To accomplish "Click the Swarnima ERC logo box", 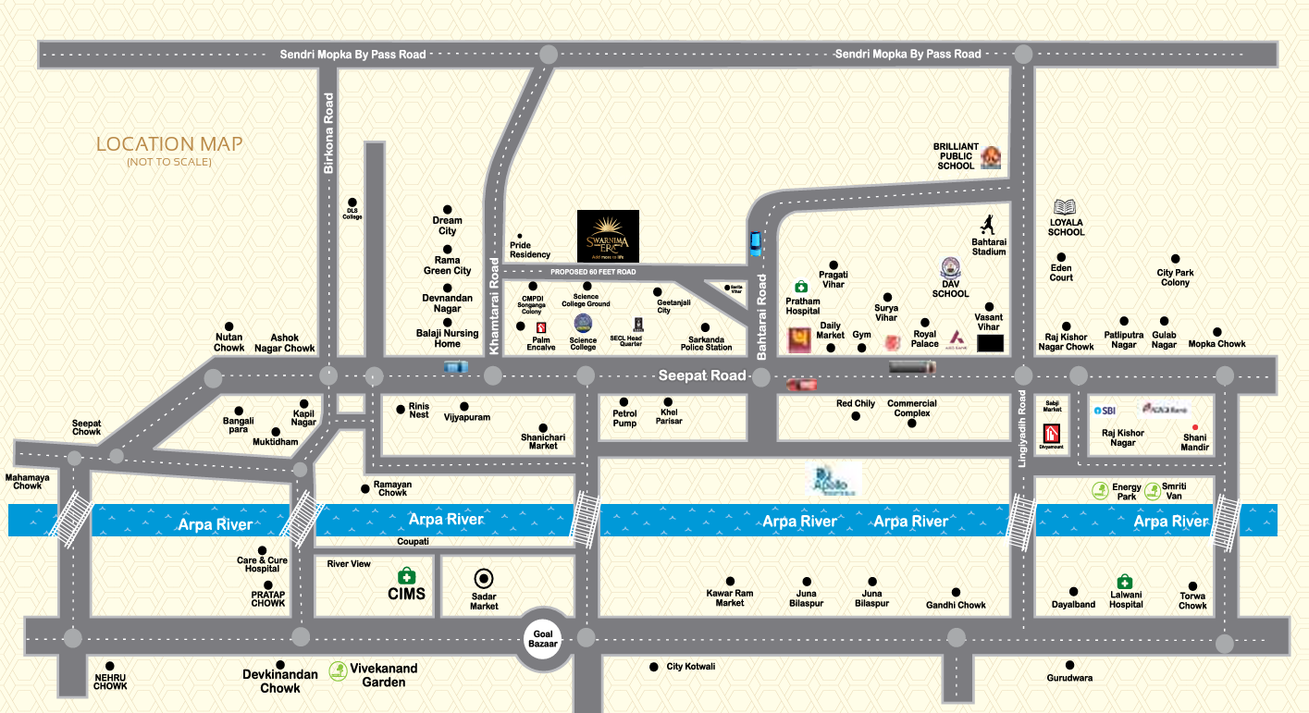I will (x=608, y=236).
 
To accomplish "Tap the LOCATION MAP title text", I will (x=169, y=144).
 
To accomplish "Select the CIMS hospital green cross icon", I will (x=406, y=575).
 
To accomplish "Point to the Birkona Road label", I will (x=328, y=133).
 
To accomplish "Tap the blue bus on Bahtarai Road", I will (x=756, y=243).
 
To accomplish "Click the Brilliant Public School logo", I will (x=991, y=158).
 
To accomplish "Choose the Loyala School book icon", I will (x=1066, y=207).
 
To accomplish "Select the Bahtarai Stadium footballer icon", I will (x=988, y=224).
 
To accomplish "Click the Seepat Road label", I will (x=701, y=375).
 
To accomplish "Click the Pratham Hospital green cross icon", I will (x=801, y=288).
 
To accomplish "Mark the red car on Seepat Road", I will (x=801, y=384).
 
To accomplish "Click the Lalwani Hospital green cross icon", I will (x=1124, y=582).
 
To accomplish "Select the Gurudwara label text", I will (x=1069, y=678).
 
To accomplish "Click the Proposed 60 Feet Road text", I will (x=593, y=272).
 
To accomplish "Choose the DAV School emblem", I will (x=950, y=269).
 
